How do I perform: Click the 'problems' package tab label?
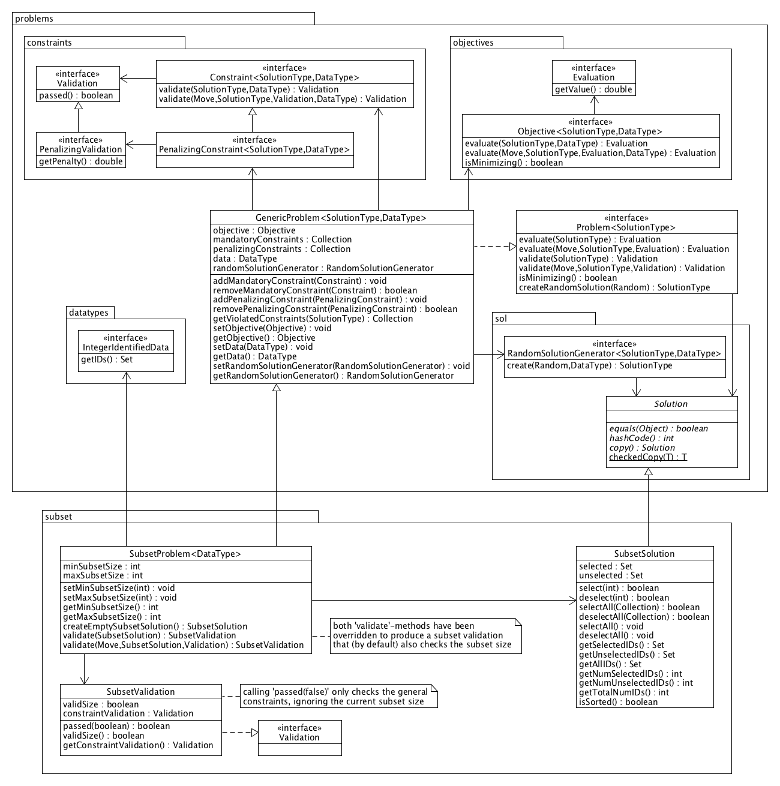[34, 19]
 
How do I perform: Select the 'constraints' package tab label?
[49, 43]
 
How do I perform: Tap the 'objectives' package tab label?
[473, 43]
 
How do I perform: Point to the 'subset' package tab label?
[58, 517]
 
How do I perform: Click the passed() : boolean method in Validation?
[76, 96]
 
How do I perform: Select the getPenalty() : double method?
[80, 161]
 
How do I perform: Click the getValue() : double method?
[593, 90]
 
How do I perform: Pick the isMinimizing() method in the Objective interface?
[514, 163]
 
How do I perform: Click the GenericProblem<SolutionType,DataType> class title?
[341, 218]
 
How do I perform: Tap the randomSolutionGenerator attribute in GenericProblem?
[323, 268]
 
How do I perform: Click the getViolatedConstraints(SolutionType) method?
[313, 319]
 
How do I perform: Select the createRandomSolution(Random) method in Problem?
[614, 287]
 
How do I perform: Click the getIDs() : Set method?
[107, 360]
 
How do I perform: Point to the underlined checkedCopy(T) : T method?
[648, 457]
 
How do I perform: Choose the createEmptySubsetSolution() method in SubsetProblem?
[155, 626]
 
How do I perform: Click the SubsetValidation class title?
[140, 692]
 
